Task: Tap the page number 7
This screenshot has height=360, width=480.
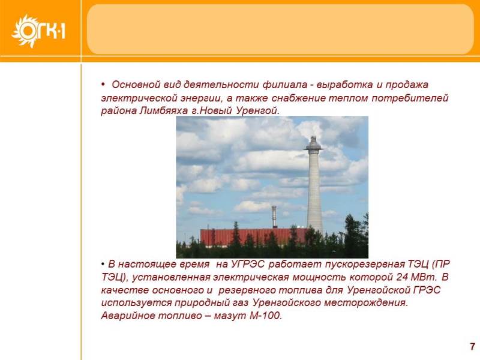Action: pos(473,346)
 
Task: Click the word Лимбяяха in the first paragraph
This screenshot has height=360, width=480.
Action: pos(163,110)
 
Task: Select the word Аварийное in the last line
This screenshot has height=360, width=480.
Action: pos(128,316)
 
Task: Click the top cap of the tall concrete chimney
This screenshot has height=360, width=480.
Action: pos(313,144)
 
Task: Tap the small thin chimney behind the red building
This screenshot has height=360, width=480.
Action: pos(274,217)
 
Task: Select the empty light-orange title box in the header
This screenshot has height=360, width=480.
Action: pos(280,29)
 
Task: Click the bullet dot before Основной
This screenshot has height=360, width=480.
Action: pos(103,84)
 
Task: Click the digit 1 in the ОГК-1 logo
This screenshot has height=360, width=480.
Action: pos(63,31)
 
